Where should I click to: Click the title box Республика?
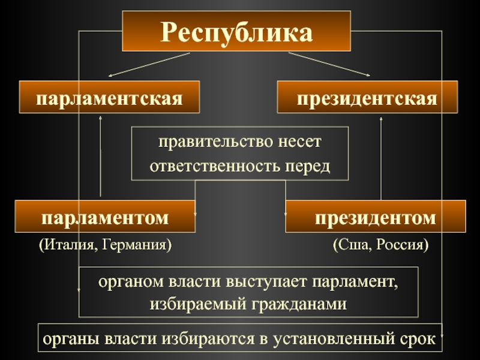tap(236, 32)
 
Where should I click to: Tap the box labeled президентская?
tap(367, 97)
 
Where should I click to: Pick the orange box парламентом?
tap(105, 217)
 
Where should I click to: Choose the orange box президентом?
tap(376, 217)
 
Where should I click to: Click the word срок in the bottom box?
tap(417, 339)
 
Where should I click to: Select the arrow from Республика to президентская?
tap(329, 64)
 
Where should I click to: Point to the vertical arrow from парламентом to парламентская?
tap(100, 156)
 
